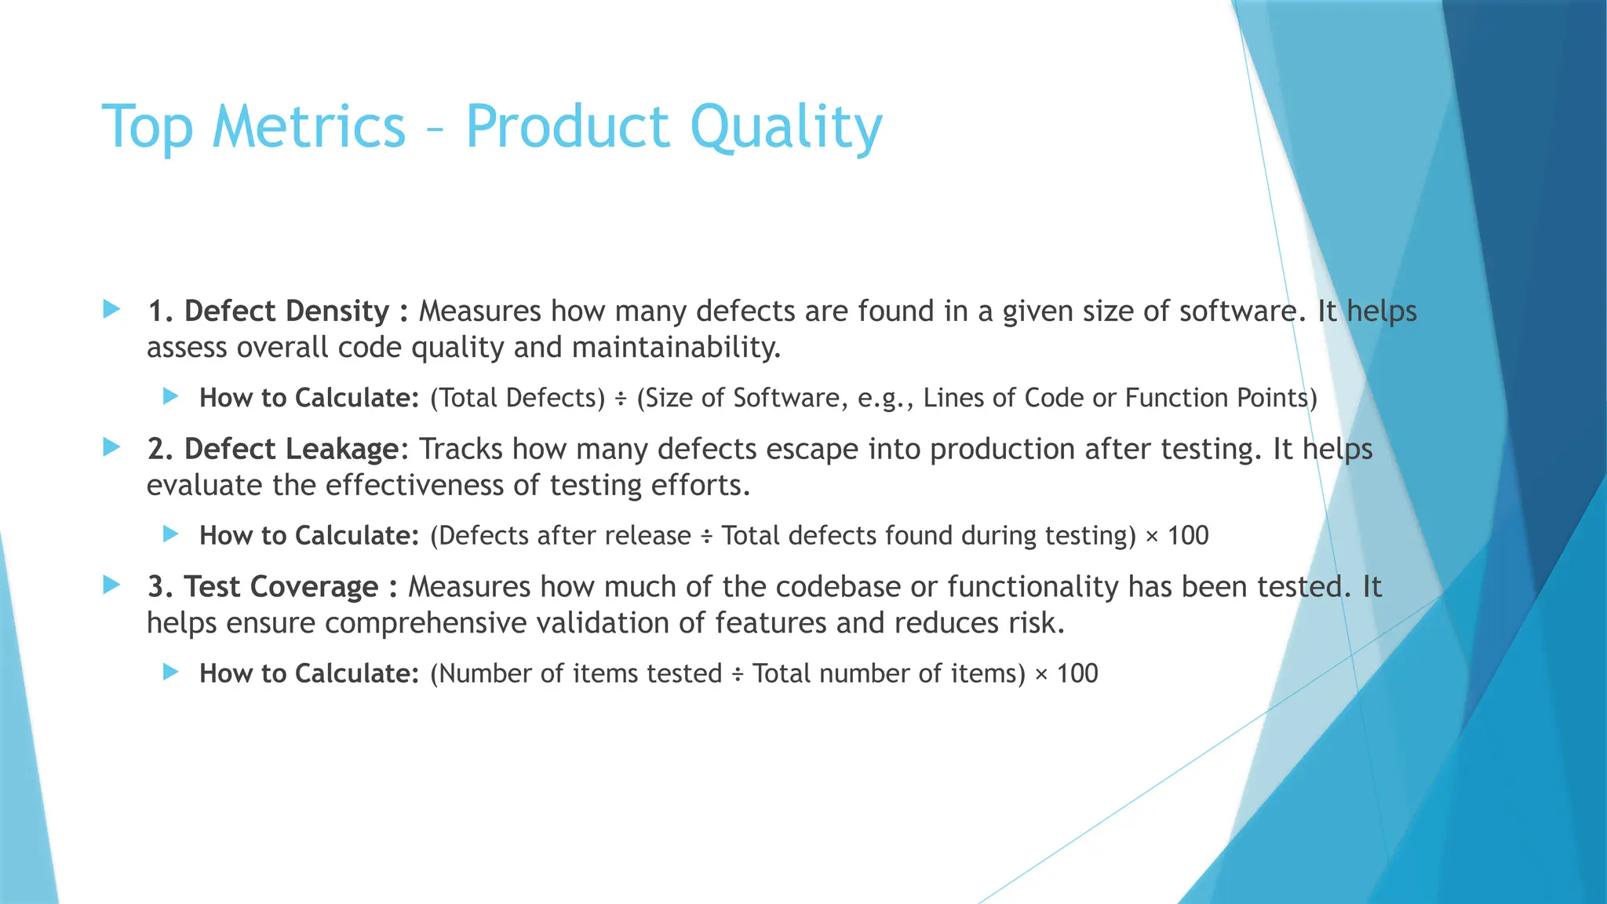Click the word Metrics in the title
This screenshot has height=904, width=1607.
[x=308, y=127]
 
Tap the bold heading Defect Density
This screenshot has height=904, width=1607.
[x=286, y=312]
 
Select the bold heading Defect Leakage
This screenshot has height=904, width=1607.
[x=291, y=449]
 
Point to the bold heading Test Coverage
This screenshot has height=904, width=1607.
[x=281, y=587]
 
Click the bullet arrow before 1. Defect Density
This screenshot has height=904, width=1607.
[x=111, y=309]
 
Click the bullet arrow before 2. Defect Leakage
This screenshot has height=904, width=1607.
[x=111, y=447]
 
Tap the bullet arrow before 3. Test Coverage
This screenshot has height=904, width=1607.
[x=111, y=585]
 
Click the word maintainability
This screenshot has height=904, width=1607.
[x=676, y=348]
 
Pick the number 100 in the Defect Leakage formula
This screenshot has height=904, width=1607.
[x=1188, y=536]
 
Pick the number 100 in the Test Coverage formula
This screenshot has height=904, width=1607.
[x=1077, y=674]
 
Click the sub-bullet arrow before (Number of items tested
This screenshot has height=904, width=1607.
[x=171, y=672]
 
